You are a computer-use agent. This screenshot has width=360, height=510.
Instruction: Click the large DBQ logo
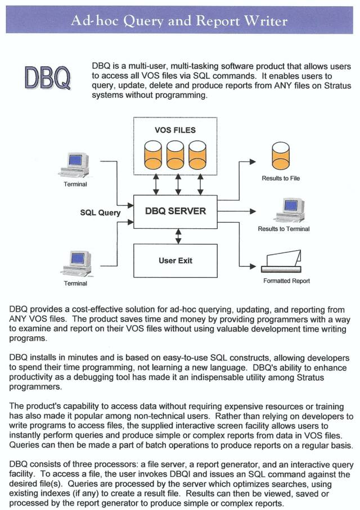point(47,78)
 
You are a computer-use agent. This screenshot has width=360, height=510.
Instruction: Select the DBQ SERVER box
point(175,212)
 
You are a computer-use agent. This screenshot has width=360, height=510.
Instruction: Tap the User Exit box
point(175,261)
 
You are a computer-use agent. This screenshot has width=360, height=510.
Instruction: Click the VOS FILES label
point(175,130)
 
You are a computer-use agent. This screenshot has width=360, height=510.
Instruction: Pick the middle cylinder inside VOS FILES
point(175,154)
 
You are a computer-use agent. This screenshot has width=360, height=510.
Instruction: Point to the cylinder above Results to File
point(281,155)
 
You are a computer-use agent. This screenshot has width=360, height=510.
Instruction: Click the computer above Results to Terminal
point(290,210)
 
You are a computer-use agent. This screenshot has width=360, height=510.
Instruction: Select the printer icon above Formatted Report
point(282,261)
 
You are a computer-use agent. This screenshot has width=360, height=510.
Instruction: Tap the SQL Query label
point(100,213)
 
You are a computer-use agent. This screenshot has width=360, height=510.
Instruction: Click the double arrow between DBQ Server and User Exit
point(178,237)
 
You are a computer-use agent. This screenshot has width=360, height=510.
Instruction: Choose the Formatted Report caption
point(286,281)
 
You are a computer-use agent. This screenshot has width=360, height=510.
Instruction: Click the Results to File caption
point(281,178)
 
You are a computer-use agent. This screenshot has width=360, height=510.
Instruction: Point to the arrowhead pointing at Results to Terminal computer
point(253,211)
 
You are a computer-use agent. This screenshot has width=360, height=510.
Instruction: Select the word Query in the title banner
point(143,21)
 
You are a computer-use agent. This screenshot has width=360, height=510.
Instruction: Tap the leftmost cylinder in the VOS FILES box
point(153,154)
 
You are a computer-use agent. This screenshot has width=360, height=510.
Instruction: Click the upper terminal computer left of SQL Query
point(75,165)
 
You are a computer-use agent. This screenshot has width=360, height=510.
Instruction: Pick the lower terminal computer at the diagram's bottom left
point(78,264)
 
